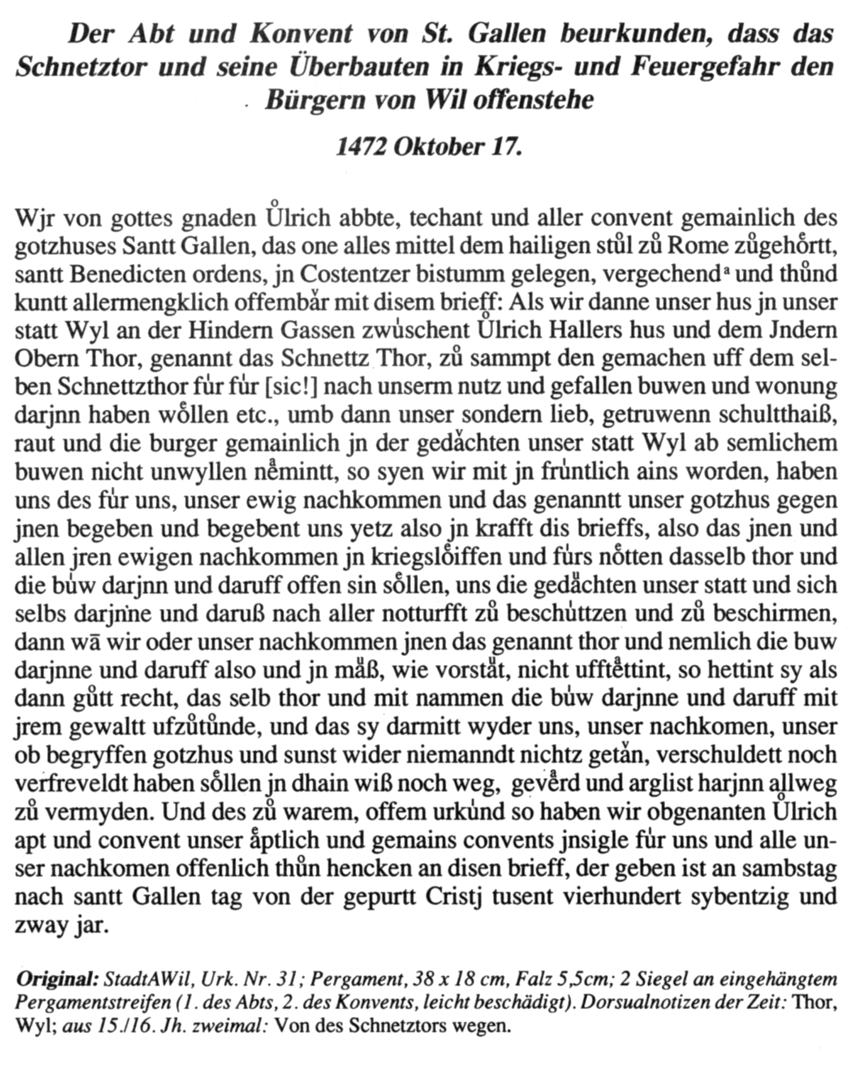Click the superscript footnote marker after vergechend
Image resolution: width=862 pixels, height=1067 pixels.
[727, 270]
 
